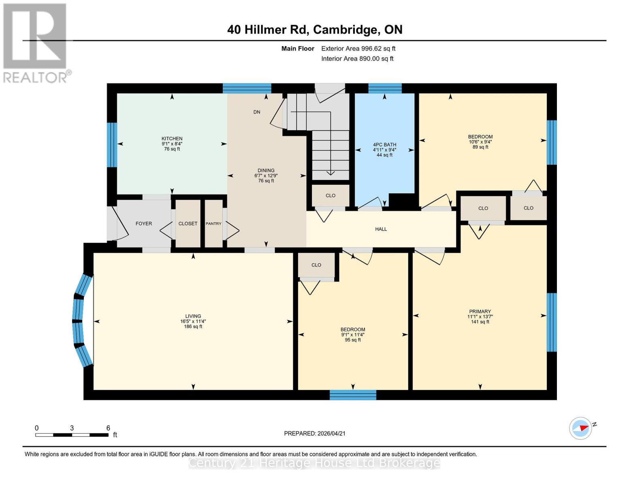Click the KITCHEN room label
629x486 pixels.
(x=172, y=139)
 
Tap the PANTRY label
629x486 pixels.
(x=213, y=224)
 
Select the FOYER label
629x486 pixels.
(x=144, y=224)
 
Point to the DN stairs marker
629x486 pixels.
(x=257, y=112)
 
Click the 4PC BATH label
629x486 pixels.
(x=384, y=145)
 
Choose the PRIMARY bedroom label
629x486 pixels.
(x=480, y=311)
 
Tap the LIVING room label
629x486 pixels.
(x=193, y=316)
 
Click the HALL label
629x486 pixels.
(x=381, y=229)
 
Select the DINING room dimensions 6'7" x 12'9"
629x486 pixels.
(x=266, y=176)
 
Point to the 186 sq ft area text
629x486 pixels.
(x=193, y=326)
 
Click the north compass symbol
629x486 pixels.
(x=581, y=428)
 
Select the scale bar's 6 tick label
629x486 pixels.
(x=108, y=428)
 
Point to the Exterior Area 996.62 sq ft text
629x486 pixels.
(x=358, y=49)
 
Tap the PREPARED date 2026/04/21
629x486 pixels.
(x=315, y=433)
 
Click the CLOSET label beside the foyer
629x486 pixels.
(x=188, y=224)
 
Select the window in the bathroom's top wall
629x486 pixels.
(x=384, y=88)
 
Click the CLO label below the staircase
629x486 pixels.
(x=330, y=196)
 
